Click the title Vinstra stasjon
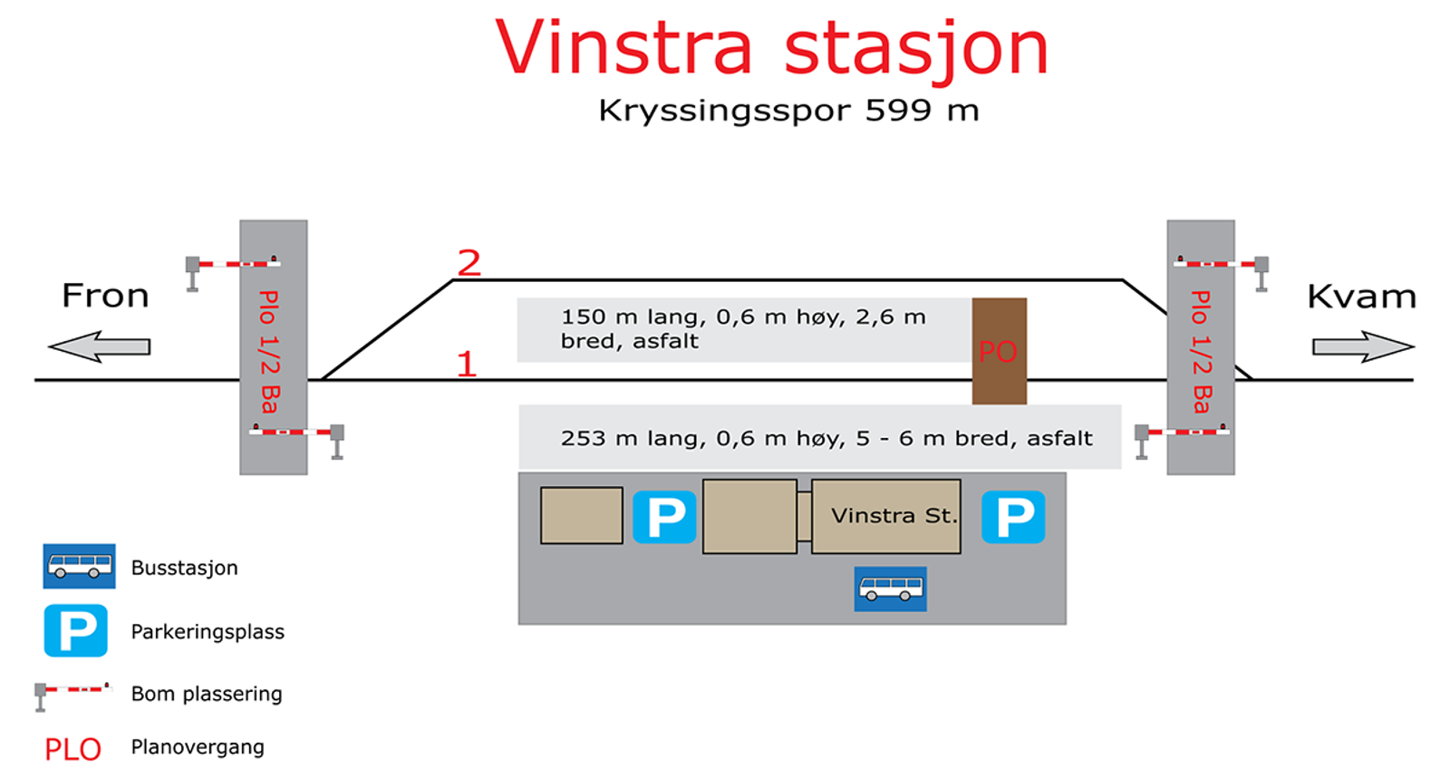[771, 50]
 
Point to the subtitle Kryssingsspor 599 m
[788, 111]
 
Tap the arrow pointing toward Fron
[100, 346]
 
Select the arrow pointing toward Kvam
[1363, 346]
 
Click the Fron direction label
[105, 296]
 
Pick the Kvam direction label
[1361, 297]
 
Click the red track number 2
[469, 262]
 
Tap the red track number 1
[467, 364]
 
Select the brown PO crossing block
[999, 351]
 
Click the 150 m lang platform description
[743, 329]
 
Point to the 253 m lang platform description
[826, 438]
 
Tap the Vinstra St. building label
[894, 515]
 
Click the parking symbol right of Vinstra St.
[1013, 517]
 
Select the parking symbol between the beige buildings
[664, 517]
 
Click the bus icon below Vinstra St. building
[890, 589]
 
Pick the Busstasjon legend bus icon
[79, 566]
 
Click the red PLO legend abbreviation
[72, 750]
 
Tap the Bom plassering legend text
[207, 694]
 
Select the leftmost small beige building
[581, 515]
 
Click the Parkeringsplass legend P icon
[76, 630]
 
